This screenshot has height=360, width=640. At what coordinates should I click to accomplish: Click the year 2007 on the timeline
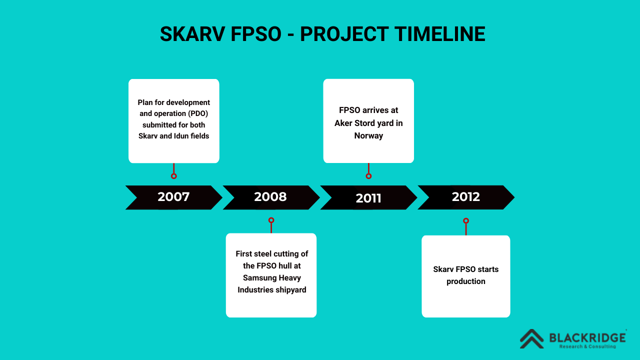(x=173, y=197)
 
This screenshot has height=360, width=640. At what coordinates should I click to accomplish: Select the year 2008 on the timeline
(x=270, y=197)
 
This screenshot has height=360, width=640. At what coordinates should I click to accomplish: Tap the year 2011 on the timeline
(x=368, y=198)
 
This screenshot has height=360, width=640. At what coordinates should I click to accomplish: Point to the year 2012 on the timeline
(x=465, y=197)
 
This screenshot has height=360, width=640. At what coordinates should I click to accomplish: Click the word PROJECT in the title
(x=344, y=34)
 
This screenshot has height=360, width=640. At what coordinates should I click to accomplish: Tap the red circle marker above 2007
(x=173, y=176)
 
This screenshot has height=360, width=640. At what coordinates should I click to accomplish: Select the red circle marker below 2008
(x=271, y=220)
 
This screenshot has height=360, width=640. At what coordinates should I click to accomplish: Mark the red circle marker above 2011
(x=368, y=176)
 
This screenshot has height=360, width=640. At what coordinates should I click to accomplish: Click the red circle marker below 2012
(x=466, y=220)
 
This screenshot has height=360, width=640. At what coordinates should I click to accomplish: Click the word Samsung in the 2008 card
(x=259, y=278)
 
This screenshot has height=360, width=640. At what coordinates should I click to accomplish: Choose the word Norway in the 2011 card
(x=368, y=135)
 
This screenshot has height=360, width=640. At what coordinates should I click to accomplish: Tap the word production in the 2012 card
(x=465, y=281)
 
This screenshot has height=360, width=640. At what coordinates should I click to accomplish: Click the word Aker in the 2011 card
(x=343, y=123)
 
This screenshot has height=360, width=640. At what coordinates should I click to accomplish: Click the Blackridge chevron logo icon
(x=531, y=339)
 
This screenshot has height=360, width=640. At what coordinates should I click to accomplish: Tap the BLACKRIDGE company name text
(x=587, y=338)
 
